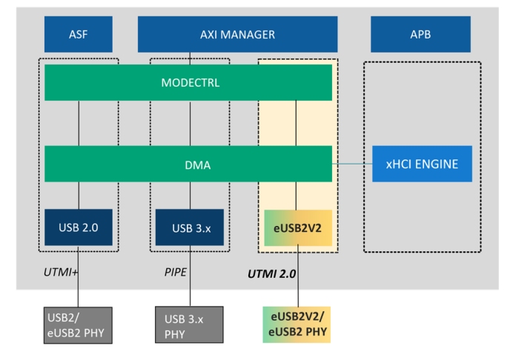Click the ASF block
click(78, 34)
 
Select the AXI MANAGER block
click(237, 34)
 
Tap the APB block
click(420, 34)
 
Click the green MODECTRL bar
click(188, 82)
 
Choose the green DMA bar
click(188, 164)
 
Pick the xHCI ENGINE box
click(422, 164)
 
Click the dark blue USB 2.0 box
click(78, 227)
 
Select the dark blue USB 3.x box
click(189, 227)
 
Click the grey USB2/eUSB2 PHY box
click(78, 324)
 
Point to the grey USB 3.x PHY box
click(189, 324)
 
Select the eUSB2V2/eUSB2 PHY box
click(297, 324)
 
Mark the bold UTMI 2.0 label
click(271, 274)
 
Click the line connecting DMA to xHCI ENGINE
click(351, 164)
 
